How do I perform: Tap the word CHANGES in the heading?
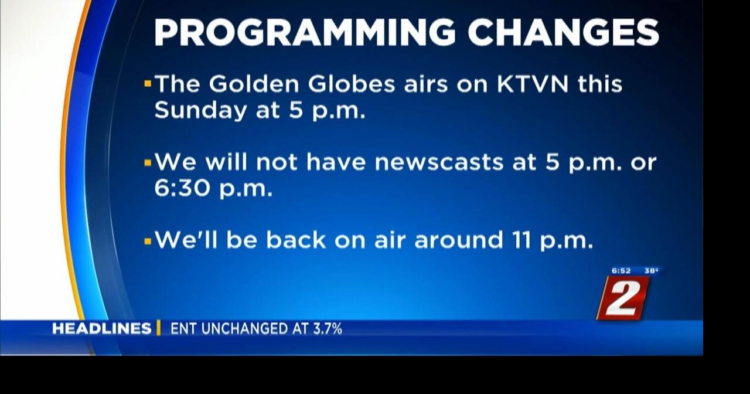[563, 33]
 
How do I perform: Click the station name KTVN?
[533, 84]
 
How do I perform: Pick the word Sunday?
[200, 111]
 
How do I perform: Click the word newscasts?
[439, 162]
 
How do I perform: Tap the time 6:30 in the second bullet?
[181, 188]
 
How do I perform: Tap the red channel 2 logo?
[623, 298]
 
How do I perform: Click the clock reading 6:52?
[621, 271]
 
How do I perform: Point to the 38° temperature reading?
[651, 271]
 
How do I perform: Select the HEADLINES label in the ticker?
[101, 329]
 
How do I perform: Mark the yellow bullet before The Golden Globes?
[148, 84]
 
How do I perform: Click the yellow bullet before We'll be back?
[148, 240]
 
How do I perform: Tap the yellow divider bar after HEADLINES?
[158, 328]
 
